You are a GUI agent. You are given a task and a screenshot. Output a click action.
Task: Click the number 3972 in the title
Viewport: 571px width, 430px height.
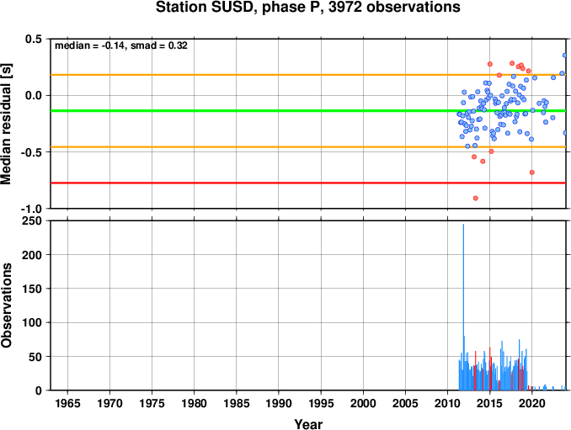tap(345, 7)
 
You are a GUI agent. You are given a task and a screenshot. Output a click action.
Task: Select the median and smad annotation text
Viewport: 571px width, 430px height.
tap(121, 45)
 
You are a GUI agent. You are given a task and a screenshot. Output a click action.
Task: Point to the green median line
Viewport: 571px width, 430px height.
tap(308, 110)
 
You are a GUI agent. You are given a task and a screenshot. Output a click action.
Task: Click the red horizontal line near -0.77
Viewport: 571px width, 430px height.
tap(308, 183)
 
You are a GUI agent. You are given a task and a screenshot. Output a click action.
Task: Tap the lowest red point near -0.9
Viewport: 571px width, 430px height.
tap(475, 199)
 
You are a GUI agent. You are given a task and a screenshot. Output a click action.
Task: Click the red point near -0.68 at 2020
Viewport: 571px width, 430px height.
tap(531, 173)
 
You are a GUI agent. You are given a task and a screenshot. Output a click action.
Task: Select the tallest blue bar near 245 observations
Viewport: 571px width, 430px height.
tap(463, 307)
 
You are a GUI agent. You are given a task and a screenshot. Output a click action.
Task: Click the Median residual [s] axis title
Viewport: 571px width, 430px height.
tap(6, 124)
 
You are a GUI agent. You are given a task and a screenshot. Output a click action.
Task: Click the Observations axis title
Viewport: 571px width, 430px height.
tap(6, 305)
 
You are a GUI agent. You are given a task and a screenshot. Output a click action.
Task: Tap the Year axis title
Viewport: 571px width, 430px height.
tap(308, 424)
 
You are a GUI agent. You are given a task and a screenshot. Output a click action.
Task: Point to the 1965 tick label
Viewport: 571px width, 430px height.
tap(67, 403)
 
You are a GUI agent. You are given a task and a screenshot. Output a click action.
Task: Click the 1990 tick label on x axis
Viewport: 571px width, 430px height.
tap(279, 403)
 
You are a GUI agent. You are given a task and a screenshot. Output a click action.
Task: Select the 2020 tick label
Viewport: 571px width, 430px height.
tap(532, 403)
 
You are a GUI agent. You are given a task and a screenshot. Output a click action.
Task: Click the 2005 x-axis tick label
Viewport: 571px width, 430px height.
tap(405, 403)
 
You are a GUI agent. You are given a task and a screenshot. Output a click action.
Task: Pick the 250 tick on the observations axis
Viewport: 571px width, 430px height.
tap(32, 220)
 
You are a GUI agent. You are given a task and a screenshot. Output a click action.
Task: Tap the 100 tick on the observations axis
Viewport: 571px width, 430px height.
tap(32, 322)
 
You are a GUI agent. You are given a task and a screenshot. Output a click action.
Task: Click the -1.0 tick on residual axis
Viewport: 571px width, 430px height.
tap(31, 210)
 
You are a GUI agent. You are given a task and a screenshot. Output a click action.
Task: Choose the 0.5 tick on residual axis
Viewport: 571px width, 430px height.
tap(34, 39)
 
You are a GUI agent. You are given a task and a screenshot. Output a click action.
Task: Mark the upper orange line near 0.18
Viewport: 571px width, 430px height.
tap(308, 75)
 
